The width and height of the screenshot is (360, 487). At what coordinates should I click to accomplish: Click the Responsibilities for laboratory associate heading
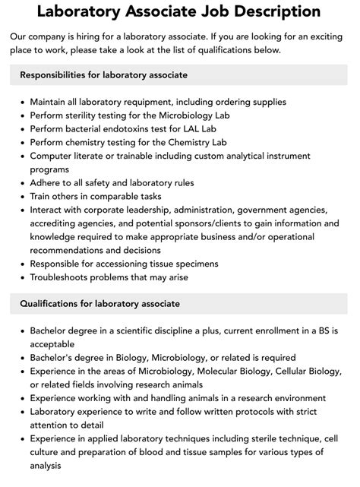tap(103, 75)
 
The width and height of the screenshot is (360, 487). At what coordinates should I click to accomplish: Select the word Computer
tap(53, 156)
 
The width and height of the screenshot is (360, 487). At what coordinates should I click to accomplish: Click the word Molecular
tap(225, 371)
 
